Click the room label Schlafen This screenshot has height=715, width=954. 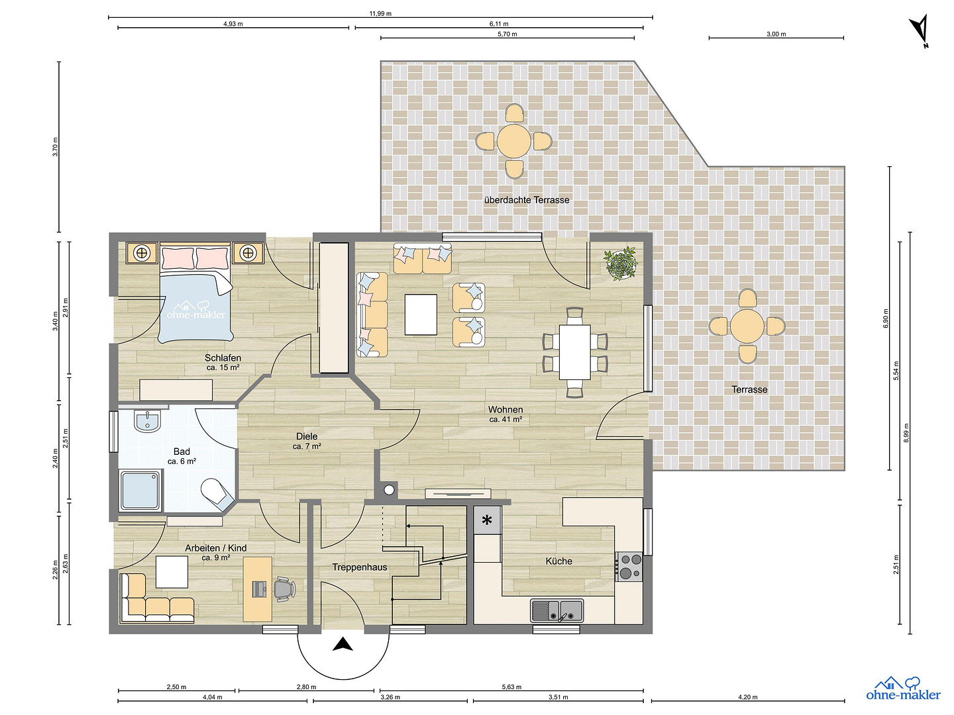pos(223,358)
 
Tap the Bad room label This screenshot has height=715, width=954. pos(182,452)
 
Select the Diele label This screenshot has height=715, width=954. pos(307,436)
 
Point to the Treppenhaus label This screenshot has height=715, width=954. pos(360,567)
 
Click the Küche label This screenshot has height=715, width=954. pos(559,561)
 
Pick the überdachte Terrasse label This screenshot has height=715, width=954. pos(527,200)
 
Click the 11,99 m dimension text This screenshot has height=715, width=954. pos(380,13)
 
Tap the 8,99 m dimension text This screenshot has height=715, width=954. pos(906,433)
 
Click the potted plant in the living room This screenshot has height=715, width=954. pos(621,263)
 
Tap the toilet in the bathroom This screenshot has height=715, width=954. pos(218,494)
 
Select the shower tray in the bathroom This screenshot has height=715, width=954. pos(141,490)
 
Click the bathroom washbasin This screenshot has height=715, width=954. pos(147,420)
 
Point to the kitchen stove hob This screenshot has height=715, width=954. pos(629,567)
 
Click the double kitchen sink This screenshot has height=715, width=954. pos(556,610)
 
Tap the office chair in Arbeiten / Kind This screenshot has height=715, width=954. pos(284,589)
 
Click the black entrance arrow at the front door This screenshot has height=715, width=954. pos(343,644)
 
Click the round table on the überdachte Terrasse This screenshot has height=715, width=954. pos(513,141)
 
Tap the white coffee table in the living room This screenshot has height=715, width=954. pos(421,314)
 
